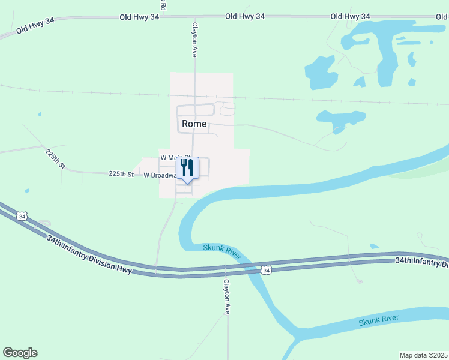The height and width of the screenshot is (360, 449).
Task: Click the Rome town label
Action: click(x=193, y=124)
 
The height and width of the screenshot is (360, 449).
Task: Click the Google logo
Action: click(x=20, y=353)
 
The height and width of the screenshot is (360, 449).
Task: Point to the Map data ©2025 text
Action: click(x=423, y=355)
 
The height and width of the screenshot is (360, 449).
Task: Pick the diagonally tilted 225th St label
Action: click(x=55, y=159)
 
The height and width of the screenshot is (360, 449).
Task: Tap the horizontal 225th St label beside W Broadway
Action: click(x=121, y=173)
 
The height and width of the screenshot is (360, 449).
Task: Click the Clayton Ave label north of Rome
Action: click(x=194, y=40)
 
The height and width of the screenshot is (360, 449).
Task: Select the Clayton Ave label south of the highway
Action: click(x=227, y=296)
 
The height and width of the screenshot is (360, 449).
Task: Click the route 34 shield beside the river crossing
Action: click(x=265, y=271)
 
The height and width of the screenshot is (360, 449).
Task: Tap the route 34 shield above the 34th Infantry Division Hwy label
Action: click(x=22, y=216)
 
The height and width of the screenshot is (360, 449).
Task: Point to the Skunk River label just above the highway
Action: click(x=221, y=251)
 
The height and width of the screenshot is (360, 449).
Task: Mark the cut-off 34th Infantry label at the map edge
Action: click(x=421, y=262)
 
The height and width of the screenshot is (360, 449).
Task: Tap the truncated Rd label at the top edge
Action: click(x=163, y=5)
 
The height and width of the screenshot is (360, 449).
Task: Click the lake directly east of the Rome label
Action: click(x=334, y=118)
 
